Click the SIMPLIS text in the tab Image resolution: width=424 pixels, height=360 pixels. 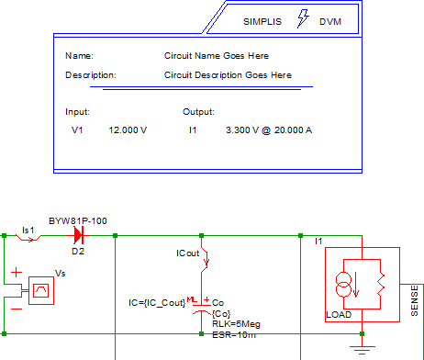click(x=262, y=22)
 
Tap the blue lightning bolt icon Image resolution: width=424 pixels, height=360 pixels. click(x=303, y=18)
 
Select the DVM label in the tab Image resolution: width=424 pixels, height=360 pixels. click(x=330, y=22)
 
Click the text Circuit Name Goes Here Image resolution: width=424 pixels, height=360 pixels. click(x=217, y=56)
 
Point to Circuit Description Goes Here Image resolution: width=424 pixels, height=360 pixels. click(x=228, y=75)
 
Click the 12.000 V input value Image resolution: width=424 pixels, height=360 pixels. click(x=128, y=130)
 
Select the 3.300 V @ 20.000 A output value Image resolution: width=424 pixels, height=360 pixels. click(x=269, y=130)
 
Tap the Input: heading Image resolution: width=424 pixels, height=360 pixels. click(x=77, y=112)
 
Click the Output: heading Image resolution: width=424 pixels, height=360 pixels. click(x=198, y=112)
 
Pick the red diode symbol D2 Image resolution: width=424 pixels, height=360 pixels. click(x=78, y=235)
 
